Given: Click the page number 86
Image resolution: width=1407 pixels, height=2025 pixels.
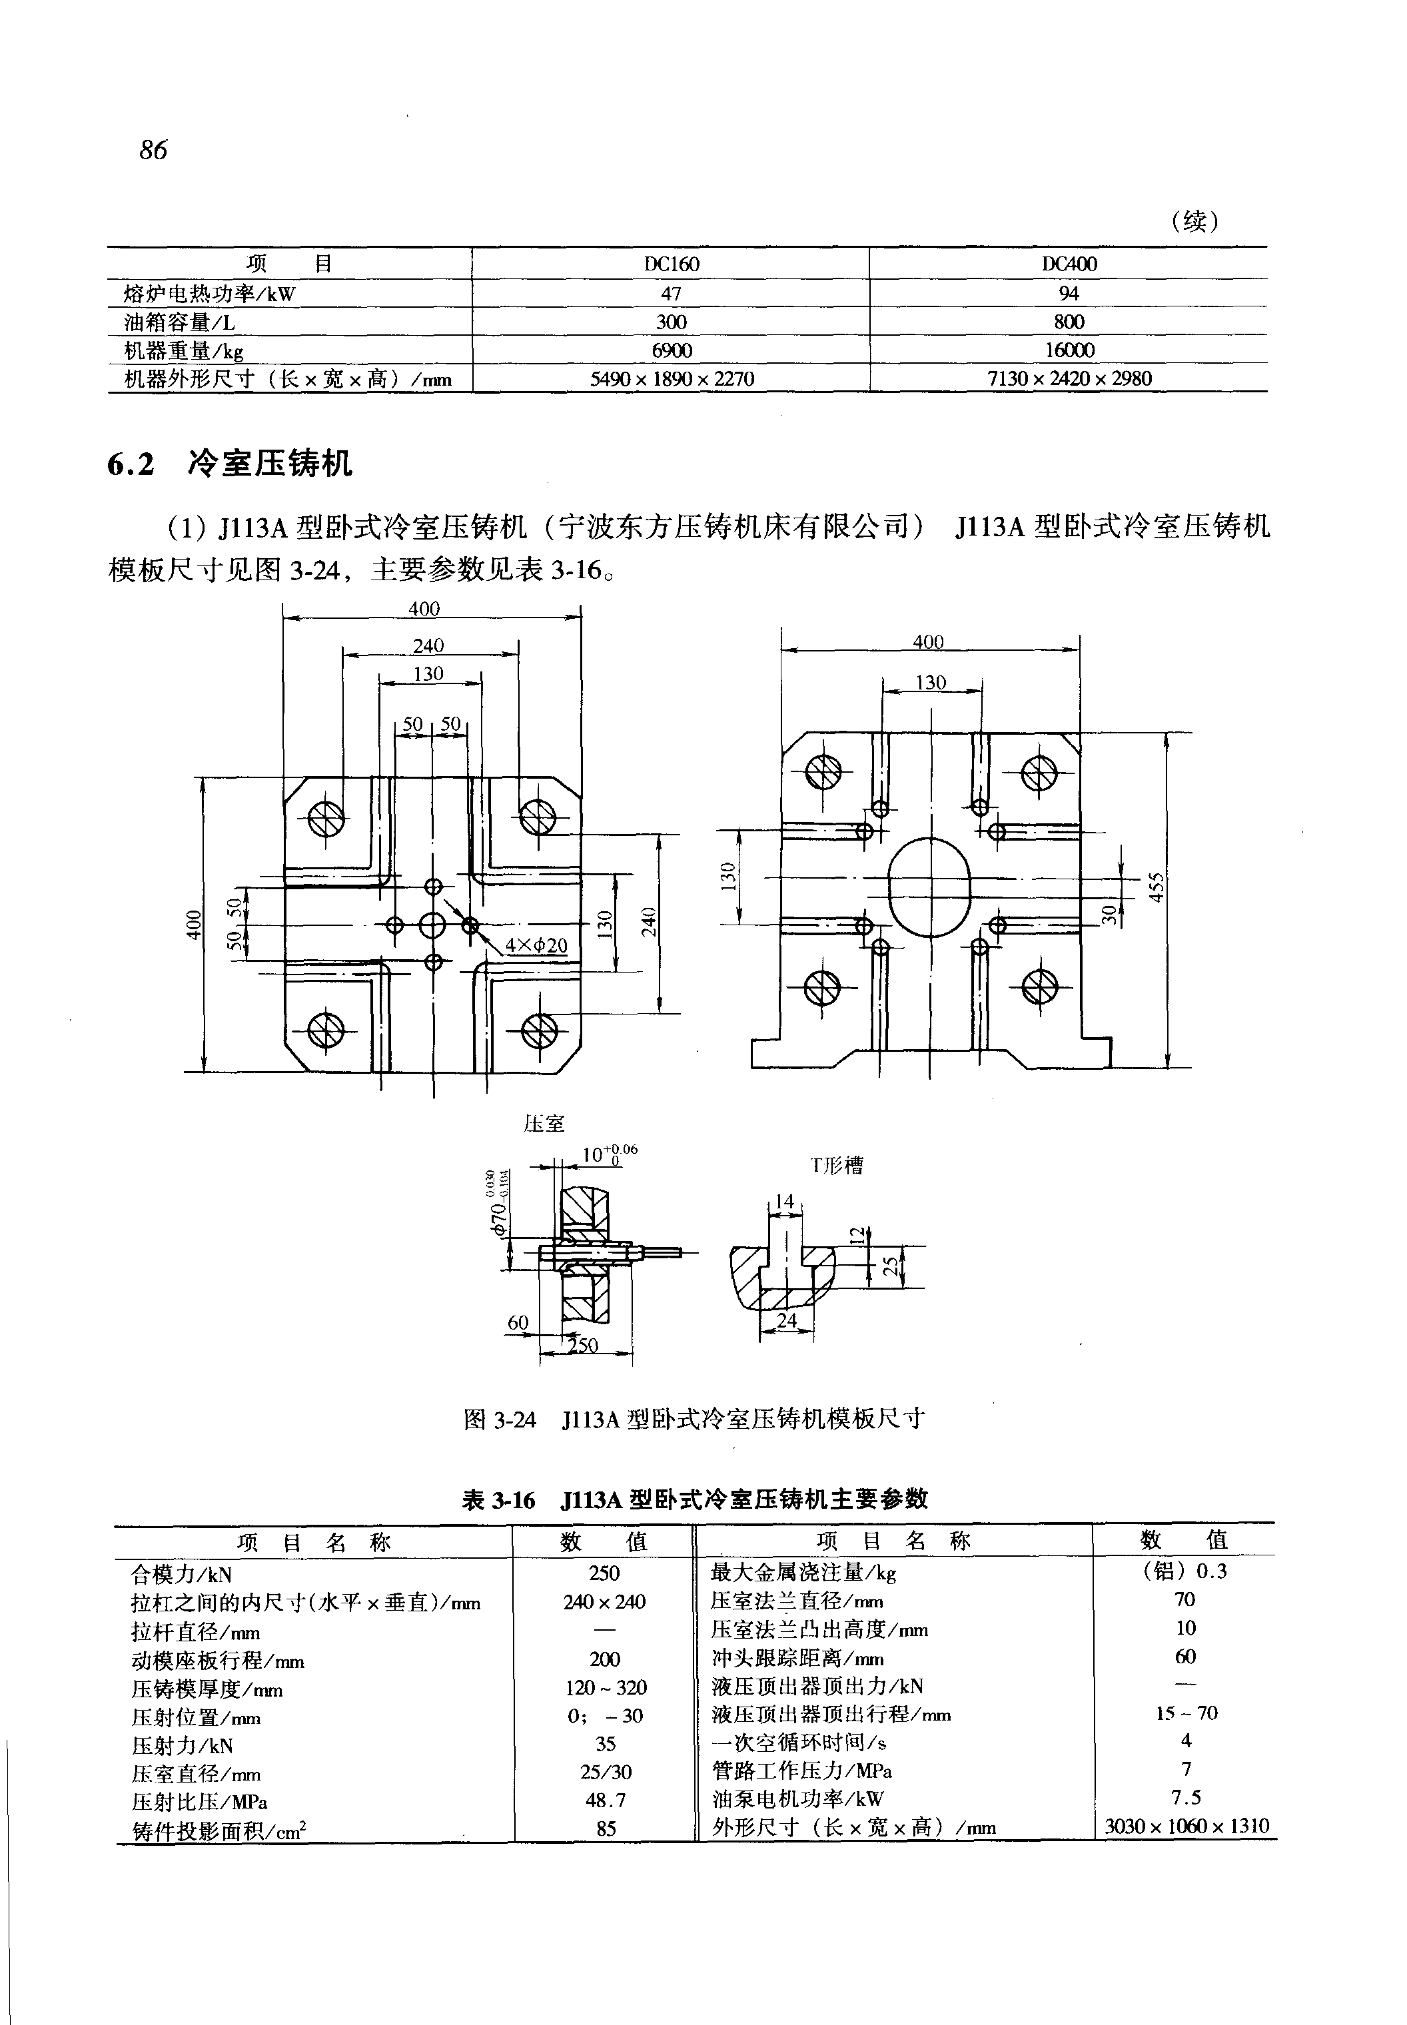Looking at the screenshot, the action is (x=153, y=150).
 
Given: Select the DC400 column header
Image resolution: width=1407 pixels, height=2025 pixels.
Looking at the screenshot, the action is (x=1069, y=264).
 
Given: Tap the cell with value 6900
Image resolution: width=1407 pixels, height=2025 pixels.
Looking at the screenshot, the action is (x=672, y=350).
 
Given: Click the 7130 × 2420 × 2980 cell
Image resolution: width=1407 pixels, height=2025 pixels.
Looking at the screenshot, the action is (x=1069, y=378).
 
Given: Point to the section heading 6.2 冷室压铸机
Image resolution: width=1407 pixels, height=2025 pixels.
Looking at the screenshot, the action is (x=230, y=463).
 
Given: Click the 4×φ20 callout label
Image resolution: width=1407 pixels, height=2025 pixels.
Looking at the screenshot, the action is (x=536, y=946).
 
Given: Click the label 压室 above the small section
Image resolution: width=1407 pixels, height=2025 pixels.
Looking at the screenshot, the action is (x=544, y=1123).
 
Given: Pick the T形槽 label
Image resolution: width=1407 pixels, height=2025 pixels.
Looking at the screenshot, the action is (x=837, y=1166).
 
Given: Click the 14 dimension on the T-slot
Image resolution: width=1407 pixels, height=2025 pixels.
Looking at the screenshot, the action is (x=783, y=1201).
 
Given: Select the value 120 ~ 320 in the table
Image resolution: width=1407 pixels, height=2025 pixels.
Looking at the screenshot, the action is (x=606, y=1687).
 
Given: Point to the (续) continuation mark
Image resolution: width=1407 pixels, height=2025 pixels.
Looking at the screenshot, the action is (x=1194, y=220).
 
